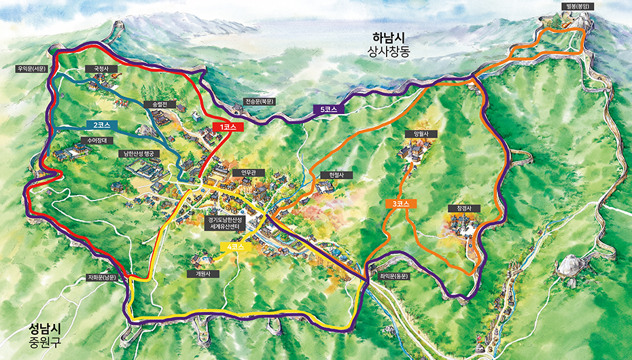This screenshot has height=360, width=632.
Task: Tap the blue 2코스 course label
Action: pyautogui.click(x=102, y=125)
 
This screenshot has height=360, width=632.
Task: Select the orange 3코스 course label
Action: pyautogui.click(x=401, y=204)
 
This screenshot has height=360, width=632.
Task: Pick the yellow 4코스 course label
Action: pyautogui.click(x=236, y=247)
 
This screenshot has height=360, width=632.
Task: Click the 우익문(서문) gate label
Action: pyautogui.click(x=32, y=69)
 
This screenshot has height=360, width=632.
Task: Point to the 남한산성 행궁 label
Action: pyautogui.click(x=141, y=154)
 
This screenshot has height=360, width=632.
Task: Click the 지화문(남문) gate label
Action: pyautogui.click(x=103, y=277)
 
